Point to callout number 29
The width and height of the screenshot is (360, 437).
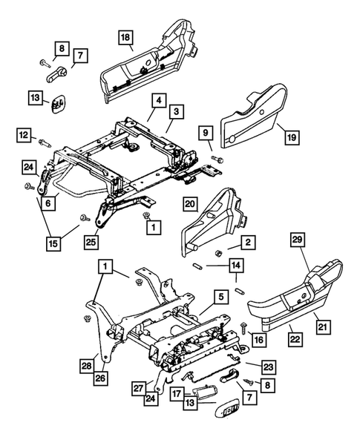point(297,260)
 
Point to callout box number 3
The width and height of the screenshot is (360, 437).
point(178,111)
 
